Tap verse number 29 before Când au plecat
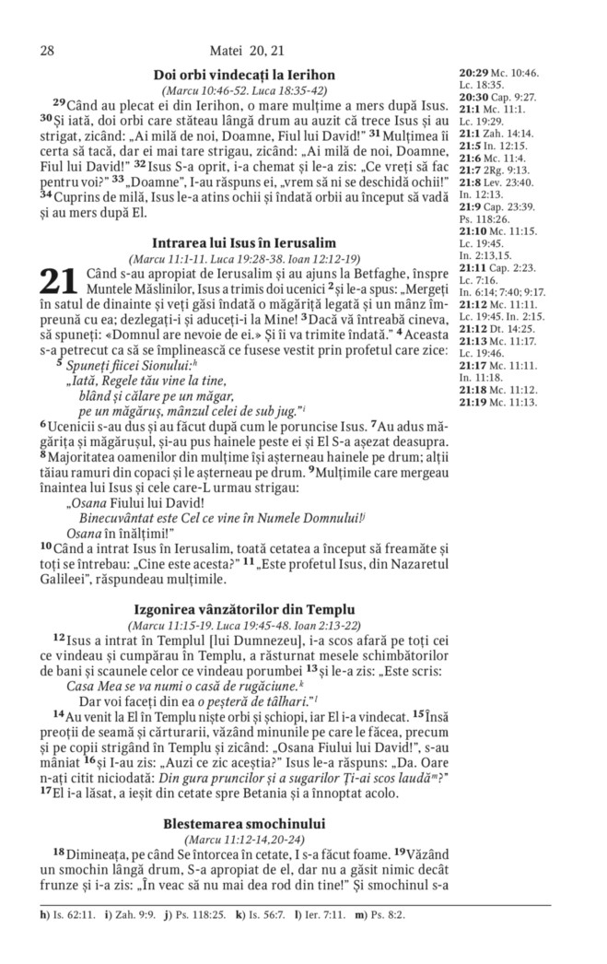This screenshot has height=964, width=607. click(59, 102)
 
